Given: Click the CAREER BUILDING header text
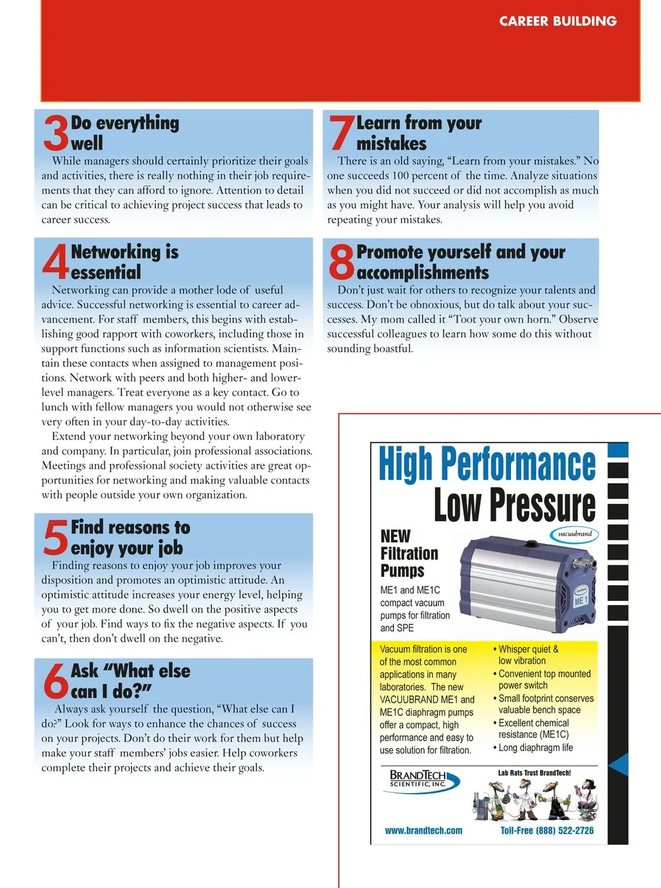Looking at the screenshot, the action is pos(558,21).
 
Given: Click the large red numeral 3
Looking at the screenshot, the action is pos(56,133).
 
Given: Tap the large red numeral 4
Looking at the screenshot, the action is pos(56,262).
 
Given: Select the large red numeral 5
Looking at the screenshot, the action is pos(56,538).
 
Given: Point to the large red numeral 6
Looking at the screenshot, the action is pos(56,681).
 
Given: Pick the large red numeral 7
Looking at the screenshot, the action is pos(342,132).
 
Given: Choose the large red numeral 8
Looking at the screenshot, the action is pos(342,262).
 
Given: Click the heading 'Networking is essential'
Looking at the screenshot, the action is pos(125,262).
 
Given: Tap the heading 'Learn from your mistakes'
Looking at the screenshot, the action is pos(419,133).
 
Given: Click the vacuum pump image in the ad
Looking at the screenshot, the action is pos(527,584).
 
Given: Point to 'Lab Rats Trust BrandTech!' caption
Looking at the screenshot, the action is pos(534,772).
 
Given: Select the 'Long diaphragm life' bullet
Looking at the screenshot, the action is pos(533,748).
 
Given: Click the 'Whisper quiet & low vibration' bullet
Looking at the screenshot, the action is pos(525,655).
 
